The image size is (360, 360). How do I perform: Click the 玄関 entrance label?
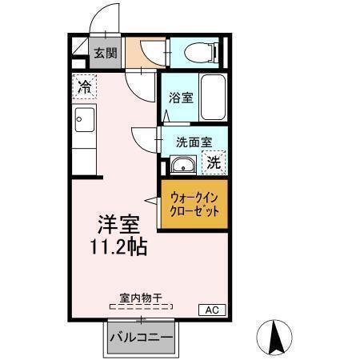105,54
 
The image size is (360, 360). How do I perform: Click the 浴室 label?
180,98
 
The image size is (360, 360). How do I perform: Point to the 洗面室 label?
194,142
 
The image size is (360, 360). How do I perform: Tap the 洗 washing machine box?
214,162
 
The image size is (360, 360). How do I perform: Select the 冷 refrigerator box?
84,86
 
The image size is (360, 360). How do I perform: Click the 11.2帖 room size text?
117,246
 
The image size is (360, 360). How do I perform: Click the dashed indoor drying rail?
140,306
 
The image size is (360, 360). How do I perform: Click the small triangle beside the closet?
150,198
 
